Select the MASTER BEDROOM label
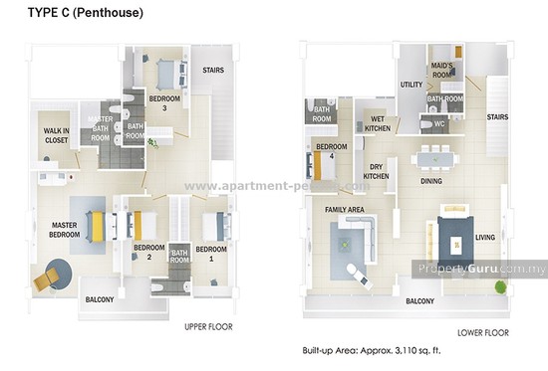(65, 231)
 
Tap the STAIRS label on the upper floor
(213, 71)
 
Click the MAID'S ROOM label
(442, 71)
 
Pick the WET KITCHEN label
(378, 123)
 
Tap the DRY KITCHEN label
(377, 172)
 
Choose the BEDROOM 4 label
(331, 151)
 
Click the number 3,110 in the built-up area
(413, 351)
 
